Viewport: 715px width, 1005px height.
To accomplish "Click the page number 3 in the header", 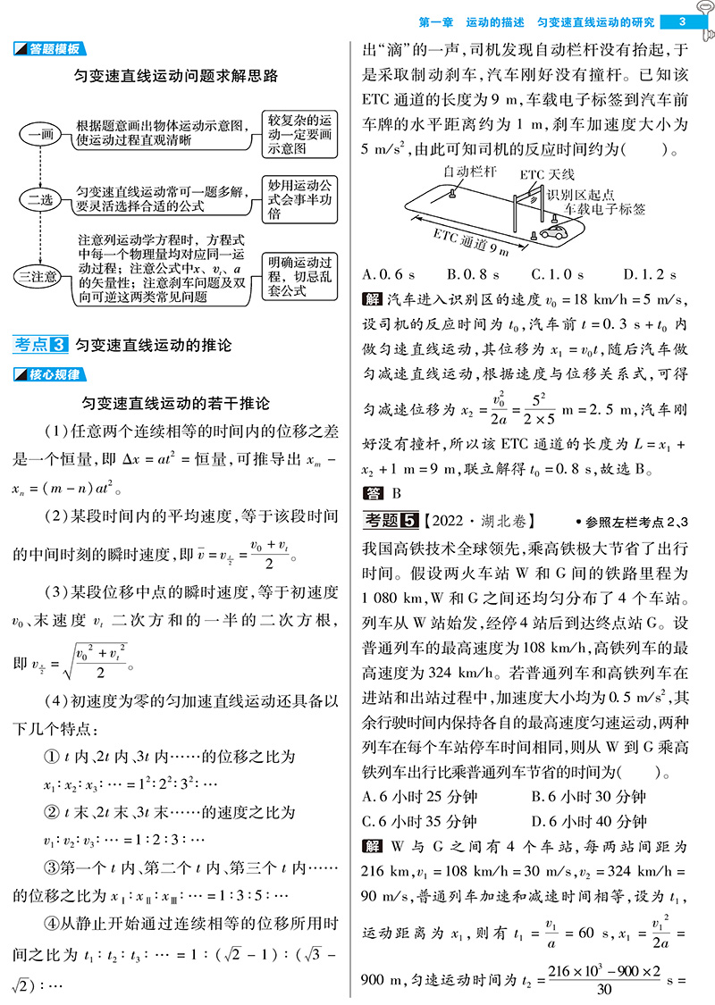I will (682, 21).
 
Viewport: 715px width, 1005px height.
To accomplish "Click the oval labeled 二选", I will (41, 199).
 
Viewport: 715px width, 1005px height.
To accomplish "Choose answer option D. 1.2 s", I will (650, 274).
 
